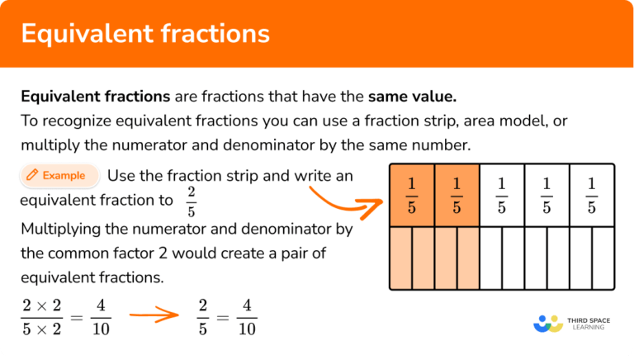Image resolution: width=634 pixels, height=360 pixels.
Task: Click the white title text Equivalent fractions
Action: point(144,33)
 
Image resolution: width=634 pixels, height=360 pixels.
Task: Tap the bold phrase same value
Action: point(412,97)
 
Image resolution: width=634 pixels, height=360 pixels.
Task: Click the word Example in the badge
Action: point(64,175)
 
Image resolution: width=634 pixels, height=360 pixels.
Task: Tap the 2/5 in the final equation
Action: point(202,317)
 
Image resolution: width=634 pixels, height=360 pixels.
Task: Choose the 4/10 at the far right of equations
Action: point(247,317)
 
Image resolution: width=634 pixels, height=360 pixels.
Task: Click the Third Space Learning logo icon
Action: point(548,323)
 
